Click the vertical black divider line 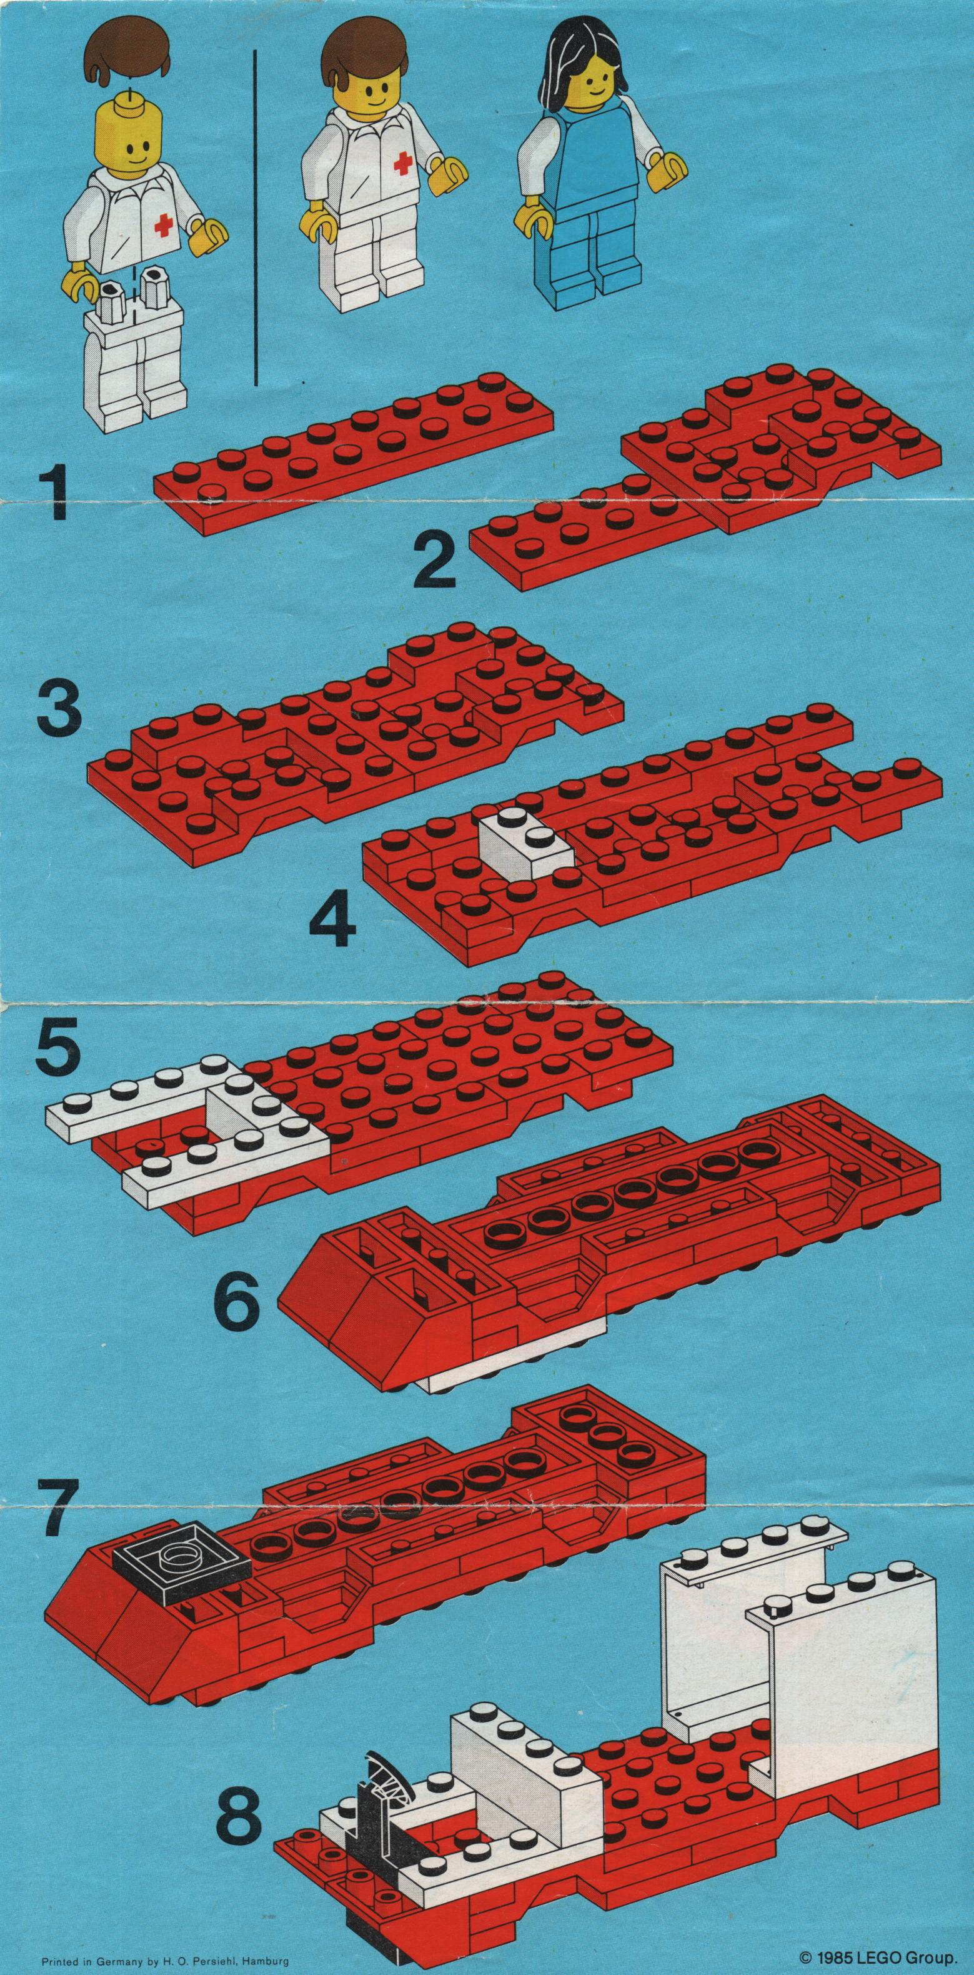tap(254, 217)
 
